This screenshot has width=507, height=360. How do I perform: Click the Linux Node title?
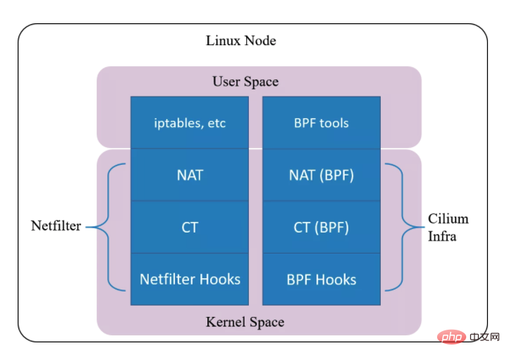[240, 41]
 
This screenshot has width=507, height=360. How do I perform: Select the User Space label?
[245, 82]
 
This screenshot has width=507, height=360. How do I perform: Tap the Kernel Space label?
[245, 323]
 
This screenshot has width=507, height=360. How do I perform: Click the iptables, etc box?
[190, 123]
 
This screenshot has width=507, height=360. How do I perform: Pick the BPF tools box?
[322, 123]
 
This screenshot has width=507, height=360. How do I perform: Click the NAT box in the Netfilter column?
[190, 175]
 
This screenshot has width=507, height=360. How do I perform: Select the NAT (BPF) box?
[322, 175]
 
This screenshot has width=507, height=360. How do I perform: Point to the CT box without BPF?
[190, 227]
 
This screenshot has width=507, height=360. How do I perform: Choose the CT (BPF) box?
[322, 227]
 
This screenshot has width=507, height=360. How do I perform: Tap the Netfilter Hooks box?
[190, 279]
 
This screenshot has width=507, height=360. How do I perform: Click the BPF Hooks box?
[322, 279]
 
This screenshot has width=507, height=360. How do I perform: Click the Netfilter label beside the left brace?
[56, 226]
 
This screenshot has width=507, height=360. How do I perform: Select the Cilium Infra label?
[448, 228]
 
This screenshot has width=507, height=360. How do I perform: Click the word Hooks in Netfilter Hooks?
[219, 279]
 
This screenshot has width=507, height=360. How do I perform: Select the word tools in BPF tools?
[334, 123]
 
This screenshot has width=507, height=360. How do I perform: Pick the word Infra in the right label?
[442, 236]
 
